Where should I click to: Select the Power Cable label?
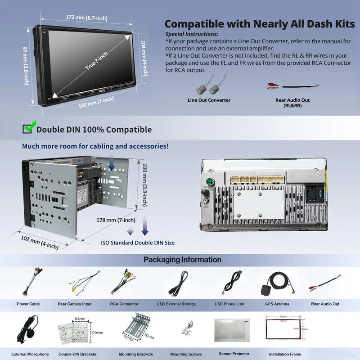(28, 304)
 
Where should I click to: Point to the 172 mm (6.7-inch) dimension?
(86, 18)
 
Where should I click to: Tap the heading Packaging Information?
(182, 260)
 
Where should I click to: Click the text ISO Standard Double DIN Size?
(138, 243)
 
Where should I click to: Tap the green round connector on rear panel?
(209, 183)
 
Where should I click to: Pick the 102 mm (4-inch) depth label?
(40, 240)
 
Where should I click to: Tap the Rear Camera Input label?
(75, 304)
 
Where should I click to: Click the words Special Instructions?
(192, 34)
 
